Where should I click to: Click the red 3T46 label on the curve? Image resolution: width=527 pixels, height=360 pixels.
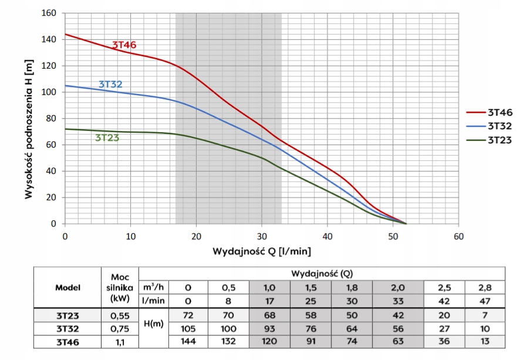[124, 45]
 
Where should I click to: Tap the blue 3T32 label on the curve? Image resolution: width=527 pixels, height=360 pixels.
[110, 85]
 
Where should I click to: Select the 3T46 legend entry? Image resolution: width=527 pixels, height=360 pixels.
[499, 112]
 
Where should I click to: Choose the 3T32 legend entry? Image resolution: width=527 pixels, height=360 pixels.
[499, 126]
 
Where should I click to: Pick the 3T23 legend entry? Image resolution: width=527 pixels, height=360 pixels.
[499, 140]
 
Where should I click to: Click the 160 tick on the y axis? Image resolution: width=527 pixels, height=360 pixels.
[49, 13]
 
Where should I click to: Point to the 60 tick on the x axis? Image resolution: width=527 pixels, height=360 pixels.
[459, 236]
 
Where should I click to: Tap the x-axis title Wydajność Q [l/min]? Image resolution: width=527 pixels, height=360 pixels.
[262, 251]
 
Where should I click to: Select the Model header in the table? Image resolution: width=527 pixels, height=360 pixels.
[67, 288]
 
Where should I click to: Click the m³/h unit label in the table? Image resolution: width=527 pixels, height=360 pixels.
[154, 287]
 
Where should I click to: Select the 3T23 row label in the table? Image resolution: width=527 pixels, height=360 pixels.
[67, 315]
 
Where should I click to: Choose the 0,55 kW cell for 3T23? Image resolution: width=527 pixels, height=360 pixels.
[119, 315]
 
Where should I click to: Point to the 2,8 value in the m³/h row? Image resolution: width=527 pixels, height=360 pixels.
[485, 288]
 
